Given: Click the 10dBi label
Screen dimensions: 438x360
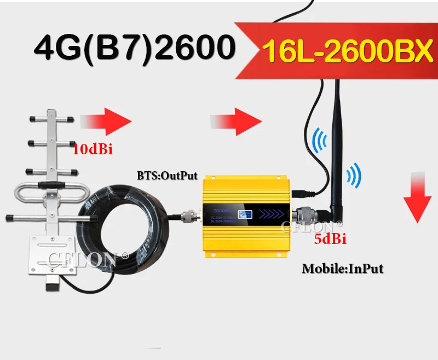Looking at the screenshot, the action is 93,149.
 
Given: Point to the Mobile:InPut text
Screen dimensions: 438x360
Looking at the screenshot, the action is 342,268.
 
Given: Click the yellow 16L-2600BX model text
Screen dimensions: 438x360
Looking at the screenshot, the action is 345,52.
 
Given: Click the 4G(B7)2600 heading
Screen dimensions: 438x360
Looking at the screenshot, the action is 131,48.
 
